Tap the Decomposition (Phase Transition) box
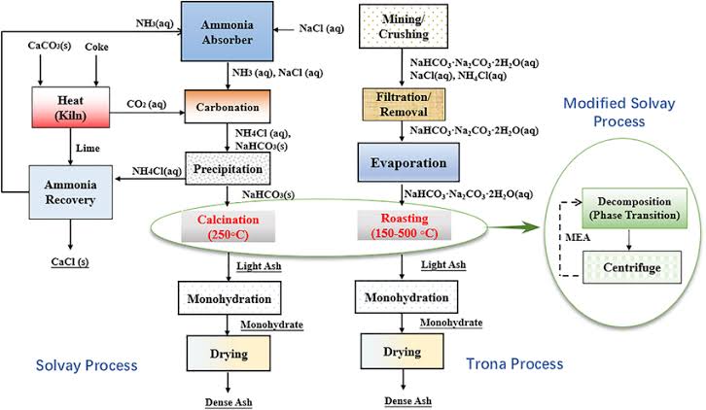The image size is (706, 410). pyautogui.click(x=627, y=208)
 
